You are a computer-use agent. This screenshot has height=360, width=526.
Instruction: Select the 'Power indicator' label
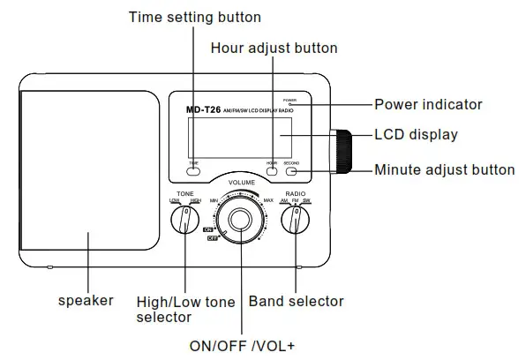[428, 104]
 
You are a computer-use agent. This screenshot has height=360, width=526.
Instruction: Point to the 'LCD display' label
[416, 135]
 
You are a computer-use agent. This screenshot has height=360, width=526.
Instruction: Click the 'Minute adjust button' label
[444, 169]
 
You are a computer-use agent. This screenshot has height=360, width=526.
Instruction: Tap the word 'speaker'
[86, 300]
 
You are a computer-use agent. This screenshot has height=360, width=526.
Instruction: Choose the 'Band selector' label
[296, 302]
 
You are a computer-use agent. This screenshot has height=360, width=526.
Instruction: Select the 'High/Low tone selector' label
[185, 309]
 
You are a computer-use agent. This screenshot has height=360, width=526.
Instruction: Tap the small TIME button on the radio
[192, 164]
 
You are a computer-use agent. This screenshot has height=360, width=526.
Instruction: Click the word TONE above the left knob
[185, 192]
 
